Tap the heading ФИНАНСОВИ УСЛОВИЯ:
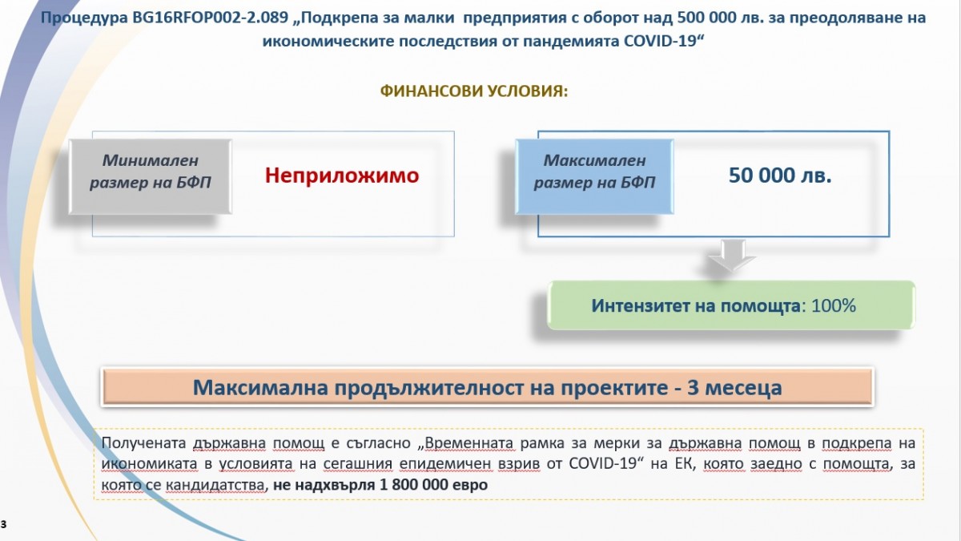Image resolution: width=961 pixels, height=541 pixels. [x=474, y=91]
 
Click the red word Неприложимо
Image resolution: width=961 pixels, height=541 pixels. [x=342, y=176]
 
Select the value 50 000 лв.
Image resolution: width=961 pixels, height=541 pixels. [x=780, y=176]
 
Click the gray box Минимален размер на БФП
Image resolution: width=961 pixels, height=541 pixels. [x=151, y=176]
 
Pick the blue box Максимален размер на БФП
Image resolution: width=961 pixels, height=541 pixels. [x=594, y=176]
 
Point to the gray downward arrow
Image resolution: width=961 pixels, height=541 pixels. [x=731, y=256]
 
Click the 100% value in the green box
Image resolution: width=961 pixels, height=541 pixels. [x=834, y=305]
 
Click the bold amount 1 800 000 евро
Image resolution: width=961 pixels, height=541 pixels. [x=434, y=485]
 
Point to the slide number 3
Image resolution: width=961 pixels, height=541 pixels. [x=4, y=524]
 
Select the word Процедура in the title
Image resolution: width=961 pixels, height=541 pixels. [x=85, y=18]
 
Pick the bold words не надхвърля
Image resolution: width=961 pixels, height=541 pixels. [x=324, y=485]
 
